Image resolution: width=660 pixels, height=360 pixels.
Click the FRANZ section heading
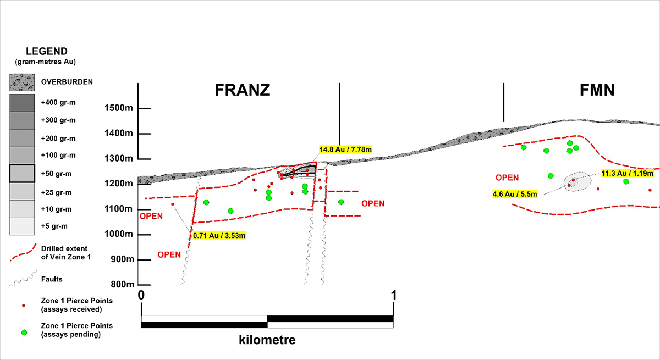pyautogui.click(x=242, y=90)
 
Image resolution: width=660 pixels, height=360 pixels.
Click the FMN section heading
pyautogui.click(x=597, y=90)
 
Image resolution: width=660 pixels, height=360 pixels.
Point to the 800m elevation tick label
pyautogui.click(x=122, y=285)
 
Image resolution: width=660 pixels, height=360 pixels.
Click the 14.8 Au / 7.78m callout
pyautogui.click(x=345, y=149)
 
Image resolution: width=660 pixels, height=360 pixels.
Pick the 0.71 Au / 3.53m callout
pyautogui.click(x=219, y=236)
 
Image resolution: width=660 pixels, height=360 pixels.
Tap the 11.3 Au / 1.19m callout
pyautogui.click(x=628, y=173)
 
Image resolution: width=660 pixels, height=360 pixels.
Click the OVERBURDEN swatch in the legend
pyautogui.click(x=22, y=82)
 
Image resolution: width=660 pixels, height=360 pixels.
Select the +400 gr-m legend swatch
pyautogui.click(x=22, y=102)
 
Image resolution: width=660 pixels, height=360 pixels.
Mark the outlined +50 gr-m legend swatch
pyautogui.click(x=22, y=174)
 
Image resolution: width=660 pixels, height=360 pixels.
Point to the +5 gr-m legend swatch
pyautogui.click(x=22, y=226)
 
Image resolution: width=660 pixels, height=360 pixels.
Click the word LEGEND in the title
pyautogui.click(x=46, y=51)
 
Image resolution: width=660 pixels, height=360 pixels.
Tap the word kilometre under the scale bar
pyautogui.click(x=267, y=340)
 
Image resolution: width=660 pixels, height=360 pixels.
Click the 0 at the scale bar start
pyautogui.click(x=141, y=295)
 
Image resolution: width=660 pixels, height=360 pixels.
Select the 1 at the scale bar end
pyautogui.click(x=394, y=295)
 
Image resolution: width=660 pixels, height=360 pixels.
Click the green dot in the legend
pyautogui.click(x=24, y=333)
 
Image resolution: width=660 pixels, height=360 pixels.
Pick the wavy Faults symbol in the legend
pyautogui.click(x=22, y=281)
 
